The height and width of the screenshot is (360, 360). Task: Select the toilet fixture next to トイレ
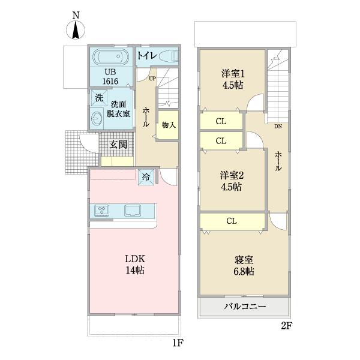click(169, 56)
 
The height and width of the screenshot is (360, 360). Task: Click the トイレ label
click(147, 56)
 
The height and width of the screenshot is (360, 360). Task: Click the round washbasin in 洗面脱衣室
click(97, 118)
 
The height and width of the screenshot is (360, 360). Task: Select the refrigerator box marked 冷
click(146, 176)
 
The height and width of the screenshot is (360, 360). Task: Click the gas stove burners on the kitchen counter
click(102, 211)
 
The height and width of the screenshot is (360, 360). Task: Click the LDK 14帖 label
click(134, 265)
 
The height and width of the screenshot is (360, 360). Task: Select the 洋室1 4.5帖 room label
click(232, 79)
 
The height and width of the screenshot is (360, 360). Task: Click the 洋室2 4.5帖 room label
click(230, 181)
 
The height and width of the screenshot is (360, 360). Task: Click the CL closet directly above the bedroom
click(232, 221)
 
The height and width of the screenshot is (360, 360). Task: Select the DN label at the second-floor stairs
click(279, 127)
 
